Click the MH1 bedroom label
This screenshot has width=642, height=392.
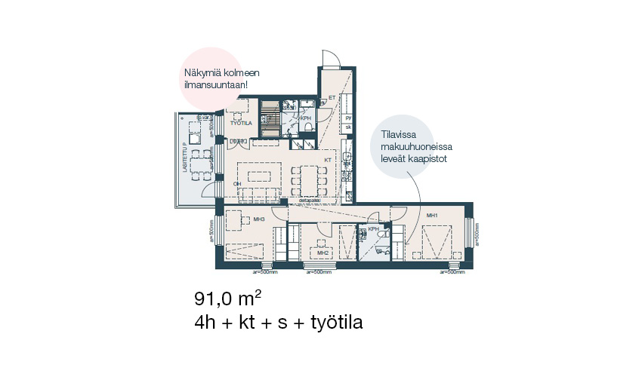click(433, 216)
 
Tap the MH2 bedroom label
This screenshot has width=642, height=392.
click(323, 253)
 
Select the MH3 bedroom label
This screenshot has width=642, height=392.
click(258, 219)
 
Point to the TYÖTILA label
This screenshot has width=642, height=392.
click(240, 122)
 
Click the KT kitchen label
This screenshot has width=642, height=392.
click(328, 160)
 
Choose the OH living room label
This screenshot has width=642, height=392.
click(237, 184)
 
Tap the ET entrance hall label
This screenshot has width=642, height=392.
click(331, 97)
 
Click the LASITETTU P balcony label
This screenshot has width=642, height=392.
click(184, 158)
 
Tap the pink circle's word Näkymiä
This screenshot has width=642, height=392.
click(205, 74)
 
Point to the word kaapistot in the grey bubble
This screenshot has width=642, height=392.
click(429, 159)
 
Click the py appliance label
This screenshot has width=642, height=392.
click(348, 118)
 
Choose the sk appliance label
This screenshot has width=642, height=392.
click(348, 128)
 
